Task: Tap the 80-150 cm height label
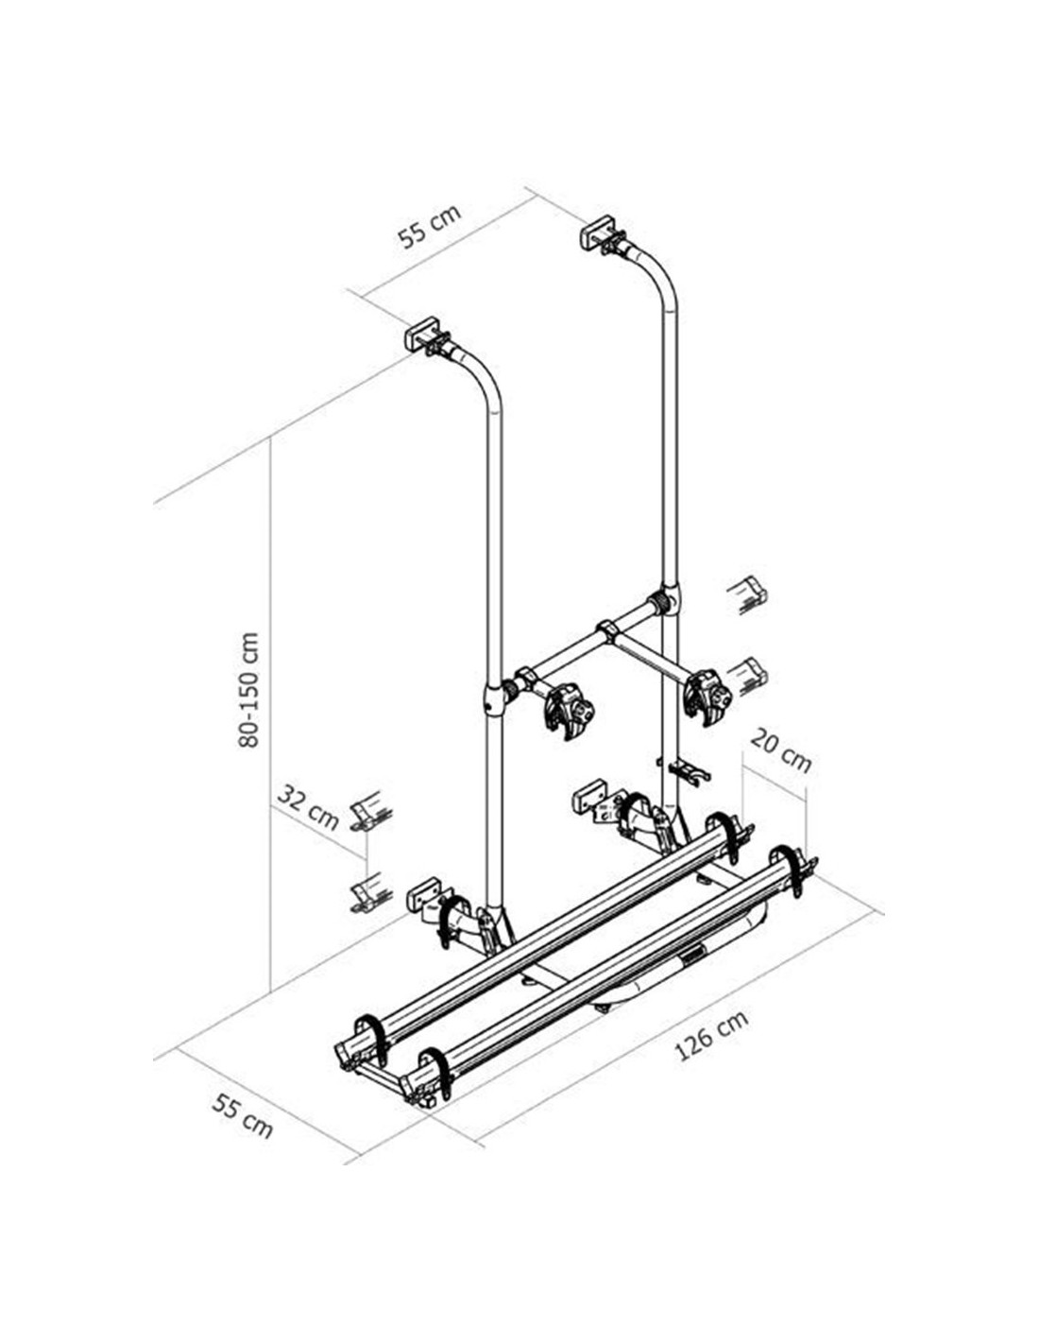click(x=248, y=689)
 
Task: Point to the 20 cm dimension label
click(x=780, y=750)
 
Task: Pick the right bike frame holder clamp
click(x=707, y=698)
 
